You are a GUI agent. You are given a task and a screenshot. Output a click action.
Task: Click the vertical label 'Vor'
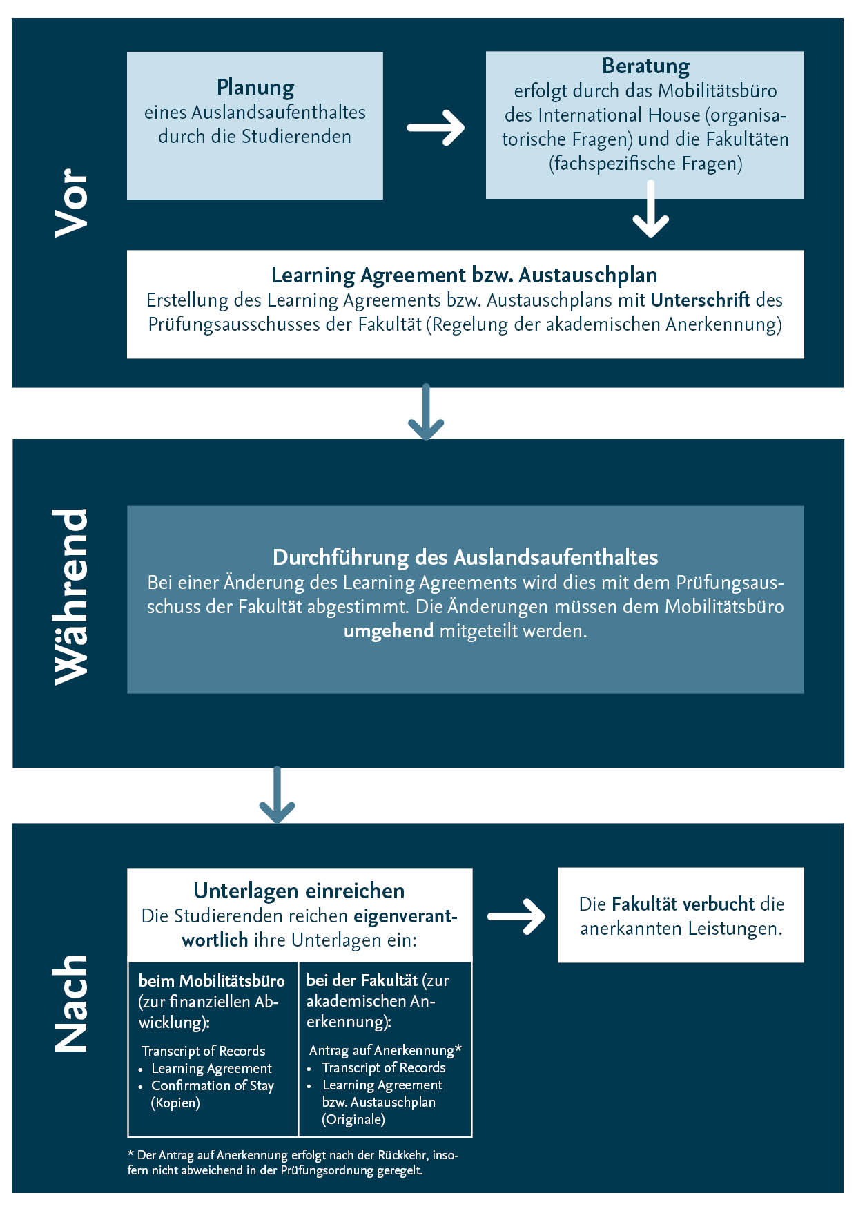tap(72, 203)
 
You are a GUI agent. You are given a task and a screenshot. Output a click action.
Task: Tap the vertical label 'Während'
tap(72, 597)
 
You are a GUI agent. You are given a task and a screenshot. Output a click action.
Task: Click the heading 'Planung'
tap(255, 88)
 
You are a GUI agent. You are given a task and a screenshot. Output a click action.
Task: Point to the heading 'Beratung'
tap(645, 66)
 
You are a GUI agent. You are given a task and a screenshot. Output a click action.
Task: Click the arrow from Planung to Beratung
tap(436, 128)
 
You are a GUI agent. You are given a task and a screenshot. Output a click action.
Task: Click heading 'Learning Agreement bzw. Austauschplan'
tap(464, 275)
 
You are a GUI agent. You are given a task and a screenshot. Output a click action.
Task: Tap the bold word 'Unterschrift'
tap(700, 300)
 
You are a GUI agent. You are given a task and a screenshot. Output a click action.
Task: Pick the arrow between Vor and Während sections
tap(426, 413)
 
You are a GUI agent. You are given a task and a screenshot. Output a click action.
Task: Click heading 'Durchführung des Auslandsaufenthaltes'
tap(465, 557)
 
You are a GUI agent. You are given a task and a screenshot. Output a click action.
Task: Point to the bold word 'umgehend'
tap(389, 631)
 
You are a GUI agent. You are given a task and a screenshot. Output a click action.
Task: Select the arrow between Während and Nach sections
tap(277, 795)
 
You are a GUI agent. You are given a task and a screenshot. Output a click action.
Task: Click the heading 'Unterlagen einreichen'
tap(299, 891)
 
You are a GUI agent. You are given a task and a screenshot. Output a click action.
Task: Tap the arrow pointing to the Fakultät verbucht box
tap(516, 917)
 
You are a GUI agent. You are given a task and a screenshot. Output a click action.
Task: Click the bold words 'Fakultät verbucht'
tap(683, 904)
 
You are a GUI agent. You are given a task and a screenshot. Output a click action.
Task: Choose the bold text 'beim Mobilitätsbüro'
tap(211, 981)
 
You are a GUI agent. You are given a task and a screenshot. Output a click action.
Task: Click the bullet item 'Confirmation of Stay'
tap(213, 1085)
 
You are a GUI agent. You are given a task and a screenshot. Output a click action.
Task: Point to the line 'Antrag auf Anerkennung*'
tap(385, 1050)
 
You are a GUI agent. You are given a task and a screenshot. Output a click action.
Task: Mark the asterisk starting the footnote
tap(130, 1154)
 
